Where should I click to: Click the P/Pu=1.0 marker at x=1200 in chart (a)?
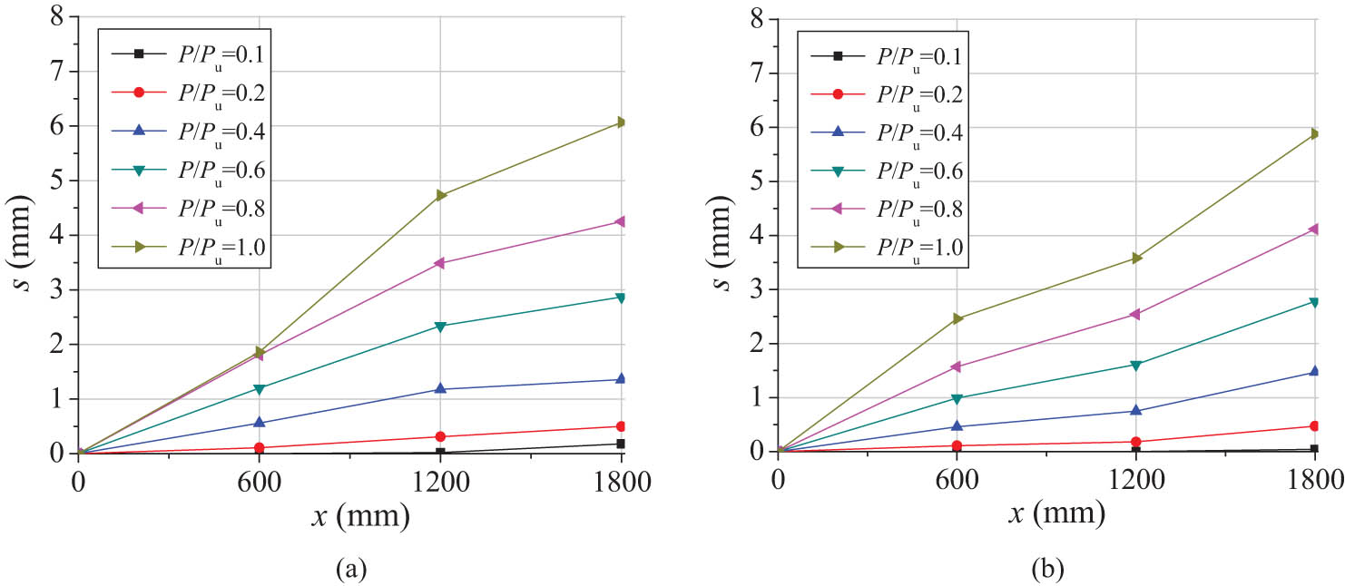click(440, 195)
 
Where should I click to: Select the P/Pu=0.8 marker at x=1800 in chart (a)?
click(621, 221)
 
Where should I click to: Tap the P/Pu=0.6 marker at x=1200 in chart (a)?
click(440, 327)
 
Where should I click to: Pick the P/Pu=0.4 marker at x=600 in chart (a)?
click(260, 423)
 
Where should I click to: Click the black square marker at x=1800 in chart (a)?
click(621, 444)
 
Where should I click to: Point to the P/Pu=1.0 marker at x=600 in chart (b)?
click(957, 318)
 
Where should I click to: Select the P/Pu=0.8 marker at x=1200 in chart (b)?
click(1136, 314)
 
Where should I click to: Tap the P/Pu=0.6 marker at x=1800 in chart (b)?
click(1314, 302)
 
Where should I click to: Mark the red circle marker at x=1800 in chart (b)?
click(1314, 425)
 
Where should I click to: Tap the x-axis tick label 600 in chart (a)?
click(260, 481)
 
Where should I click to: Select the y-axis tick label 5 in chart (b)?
click(756, 181)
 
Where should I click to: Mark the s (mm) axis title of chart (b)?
click(721, 235)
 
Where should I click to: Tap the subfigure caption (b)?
click(1046, 569)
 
